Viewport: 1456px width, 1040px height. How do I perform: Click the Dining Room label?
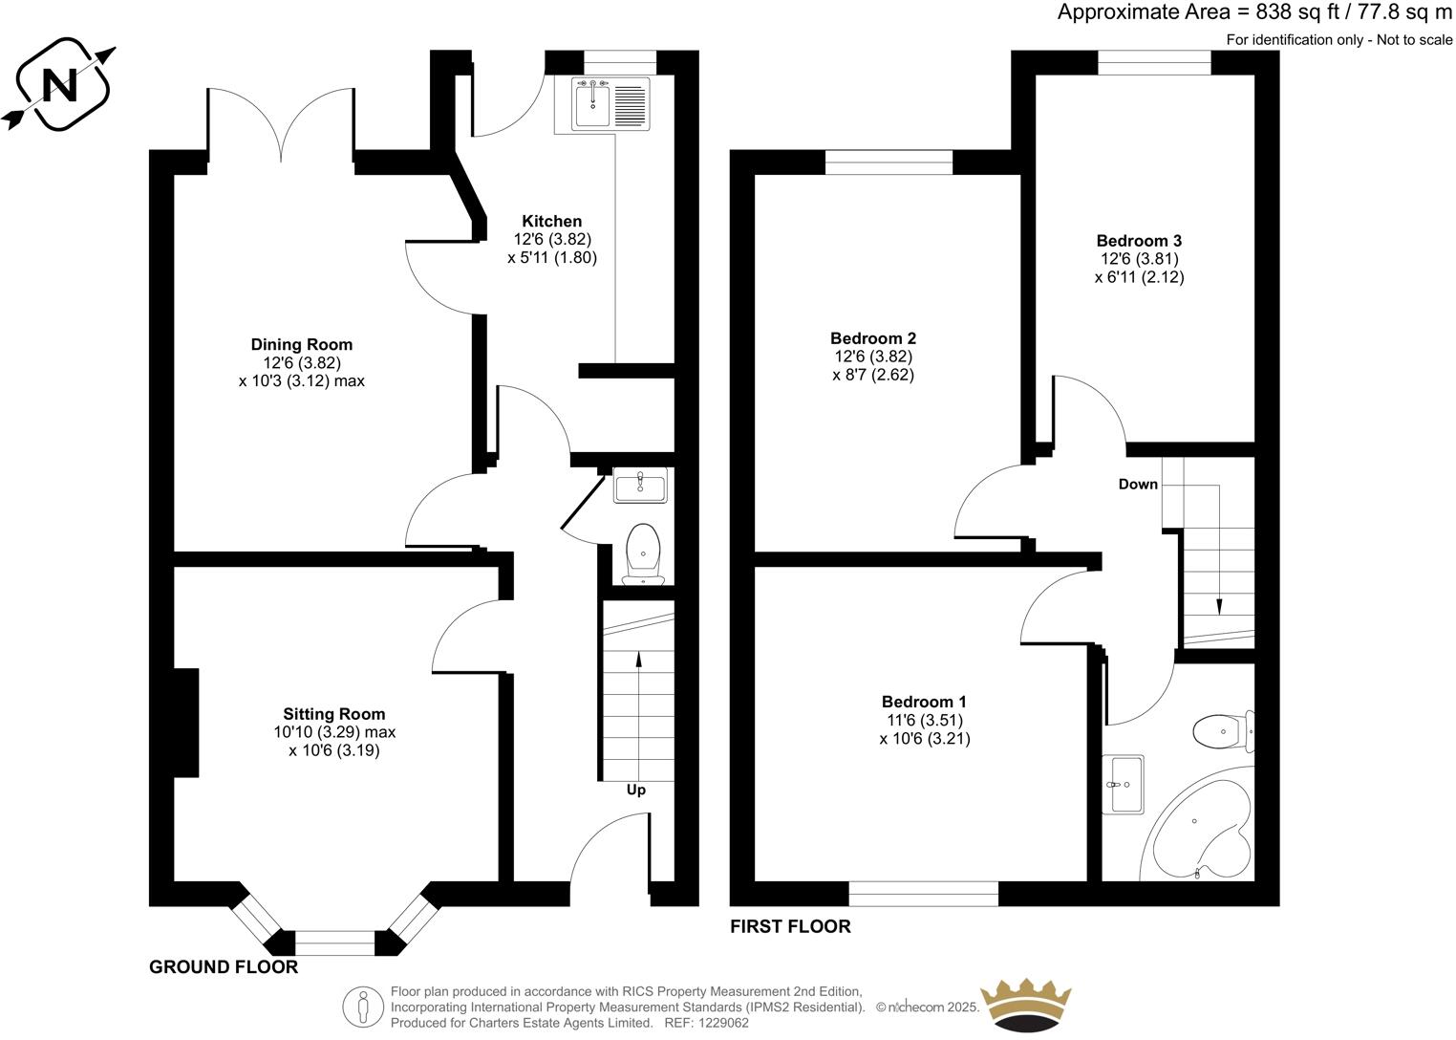(x=301, y=345)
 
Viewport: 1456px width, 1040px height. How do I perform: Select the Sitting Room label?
(x=333, y=714)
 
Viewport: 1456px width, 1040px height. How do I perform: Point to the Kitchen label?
(x=551, y=222)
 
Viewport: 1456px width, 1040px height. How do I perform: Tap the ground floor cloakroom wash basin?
(x=640, y=487)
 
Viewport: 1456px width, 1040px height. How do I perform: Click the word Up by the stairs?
(x=635, y=790)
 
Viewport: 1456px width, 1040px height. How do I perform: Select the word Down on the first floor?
(x=1138, y=485)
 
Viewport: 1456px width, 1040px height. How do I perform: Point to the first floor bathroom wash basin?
(x=1124, y=784)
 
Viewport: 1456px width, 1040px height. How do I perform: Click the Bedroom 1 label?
(x=924, y=702)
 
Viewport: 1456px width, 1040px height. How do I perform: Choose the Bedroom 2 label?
(x=873, y=338)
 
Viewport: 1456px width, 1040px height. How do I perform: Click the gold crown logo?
(x=1027, y=1005)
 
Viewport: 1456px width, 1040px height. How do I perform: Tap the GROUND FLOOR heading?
(x=224, y=967)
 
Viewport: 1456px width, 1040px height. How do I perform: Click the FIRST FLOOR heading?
(x=790, y=926)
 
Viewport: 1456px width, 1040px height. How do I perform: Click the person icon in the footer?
(x=363, y=1006)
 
